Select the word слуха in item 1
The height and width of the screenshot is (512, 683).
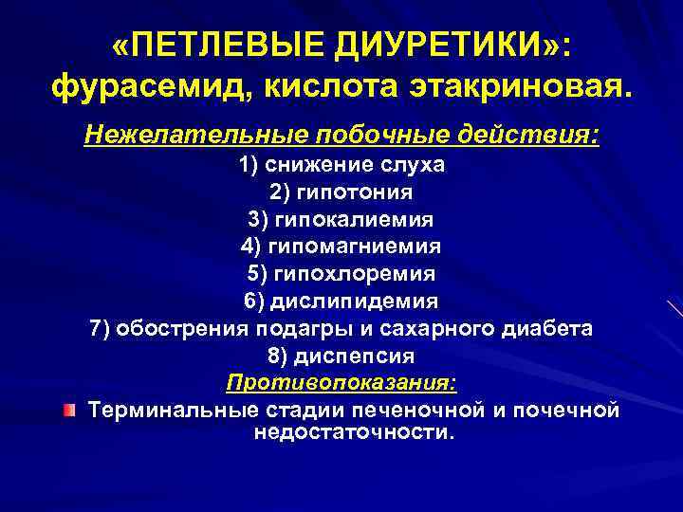point(410,165)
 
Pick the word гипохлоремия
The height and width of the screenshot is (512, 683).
point(355,274)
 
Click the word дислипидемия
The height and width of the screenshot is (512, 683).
point(355,302)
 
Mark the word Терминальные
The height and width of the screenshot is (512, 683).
point(171,411)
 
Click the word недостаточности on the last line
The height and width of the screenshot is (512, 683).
point(355,432)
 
